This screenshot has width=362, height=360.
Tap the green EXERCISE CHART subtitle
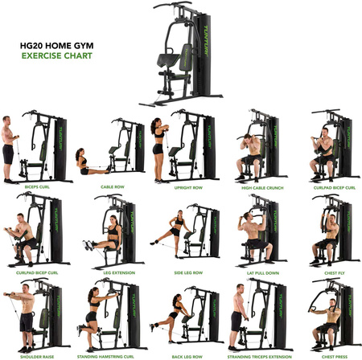pyautogui.click(x=56, y=56)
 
